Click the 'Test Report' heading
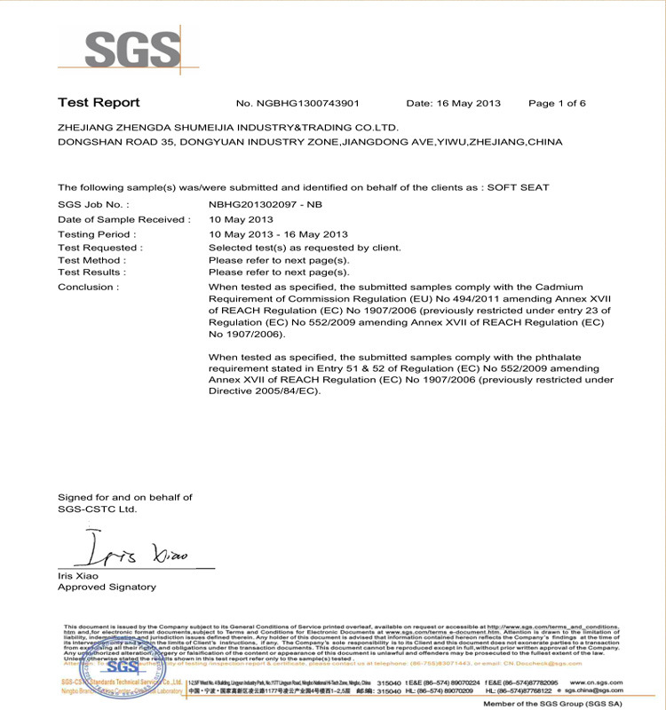pos(99,103)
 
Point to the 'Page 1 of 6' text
pos(557,104)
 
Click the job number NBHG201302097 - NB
pos(264,204)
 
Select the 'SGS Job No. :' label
pos(93,204)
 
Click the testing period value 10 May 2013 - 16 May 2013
pos(278,234)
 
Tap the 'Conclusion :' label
pos(88,288)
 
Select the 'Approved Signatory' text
pos(107,587)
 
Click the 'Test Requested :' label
pos(99,248)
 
